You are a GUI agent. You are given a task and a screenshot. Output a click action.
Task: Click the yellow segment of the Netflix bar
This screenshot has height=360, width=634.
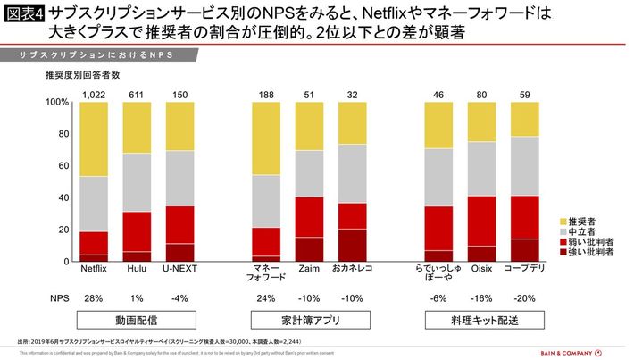(x=94, y=139)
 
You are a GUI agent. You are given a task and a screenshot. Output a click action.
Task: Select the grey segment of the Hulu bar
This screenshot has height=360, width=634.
(x=138, y=182)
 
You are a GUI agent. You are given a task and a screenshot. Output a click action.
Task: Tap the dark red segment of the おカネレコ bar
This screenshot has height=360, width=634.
(x=352, y=245)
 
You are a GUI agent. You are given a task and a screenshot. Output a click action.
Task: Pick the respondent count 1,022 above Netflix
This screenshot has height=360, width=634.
(x=94, y=96)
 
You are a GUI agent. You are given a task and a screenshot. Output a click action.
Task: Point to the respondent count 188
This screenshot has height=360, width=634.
(x=266, y=96)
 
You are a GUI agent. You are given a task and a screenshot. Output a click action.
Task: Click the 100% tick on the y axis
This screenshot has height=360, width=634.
(x=56, y=103)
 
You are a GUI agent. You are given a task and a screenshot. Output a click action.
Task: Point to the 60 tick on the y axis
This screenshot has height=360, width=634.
(x=63, y=166)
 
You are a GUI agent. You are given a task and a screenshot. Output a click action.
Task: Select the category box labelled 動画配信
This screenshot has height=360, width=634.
(x=136, y=319)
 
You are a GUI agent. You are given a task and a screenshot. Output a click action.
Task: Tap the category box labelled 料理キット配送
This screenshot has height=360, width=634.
(x=482, y=319)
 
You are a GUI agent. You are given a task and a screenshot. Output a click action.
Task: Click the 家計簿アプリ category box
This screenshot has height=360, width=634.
(x=309, y=319)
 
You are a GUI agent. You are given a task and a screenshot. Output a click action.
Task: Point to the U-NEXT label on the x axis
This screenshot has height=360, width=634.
(x=179, y=268)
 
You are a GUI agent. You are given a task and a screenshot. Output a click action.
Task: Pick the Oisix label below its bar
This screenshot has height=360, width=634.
(x=482, y=268)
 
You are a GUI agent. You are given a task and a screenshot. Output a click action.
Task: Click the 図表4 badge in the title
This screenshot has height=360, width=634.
(x=24, y=14)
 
